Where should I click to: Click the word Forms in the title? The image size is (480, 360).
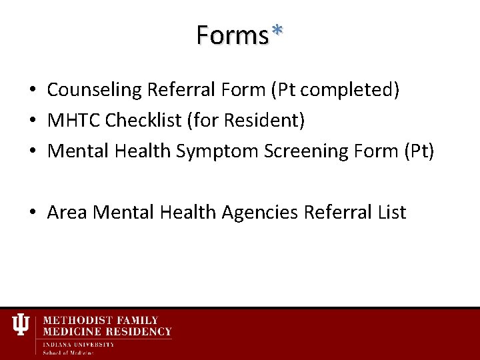[x=231, y=34]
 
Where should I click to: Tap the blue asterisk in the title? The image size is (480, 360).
[x=277, y=31]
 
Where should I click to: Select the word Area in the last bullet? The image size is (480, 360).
[x=67, y=213]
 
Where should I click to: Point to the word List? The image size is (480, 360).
[x=391, y=213]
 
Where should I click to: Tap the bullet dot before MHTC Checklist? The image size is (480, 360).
[x=32, y=121]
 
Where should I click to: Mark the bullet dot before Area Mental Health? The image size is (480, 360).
[x=32, y=213]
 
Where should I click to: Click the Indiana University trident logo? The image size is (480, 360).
[x=21, y=325]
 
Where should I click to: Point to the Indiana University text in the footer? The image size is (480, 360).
[x=79, y=344]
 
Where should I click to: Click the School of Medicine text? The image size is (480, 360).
[x=69, y=352]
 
